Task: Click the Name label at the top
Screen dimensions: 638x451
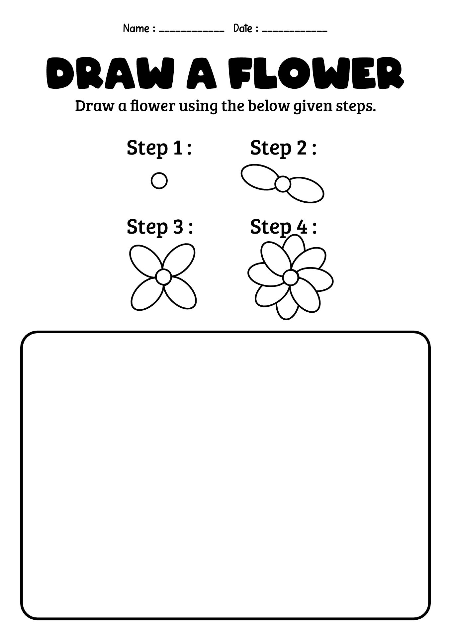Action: click(x=136, y=29)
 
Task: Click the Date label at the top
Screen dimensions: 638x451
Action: click(x=243, y=29)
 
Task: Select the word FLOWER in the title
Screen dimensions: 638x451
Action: click(x=316, y=74)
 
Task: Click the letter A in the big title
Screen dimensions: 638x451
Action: click(x=202, y=74)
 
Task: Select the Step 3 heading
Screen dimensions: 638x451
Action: click(x=159, y=227)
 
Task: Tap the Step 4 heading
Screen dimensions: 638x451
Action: click(x=283, y=227)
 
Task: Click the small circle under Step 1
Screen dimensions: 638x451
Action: click(x=159, y=181)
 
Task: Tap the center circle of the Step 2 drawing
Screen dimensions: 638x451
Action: click(x=283, y=184)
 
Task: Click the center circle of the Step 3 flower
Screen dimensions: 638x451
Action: click(x=163, y=277)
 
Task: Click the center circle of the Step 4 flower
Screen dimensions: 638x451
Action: click(x=291, y=277)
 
